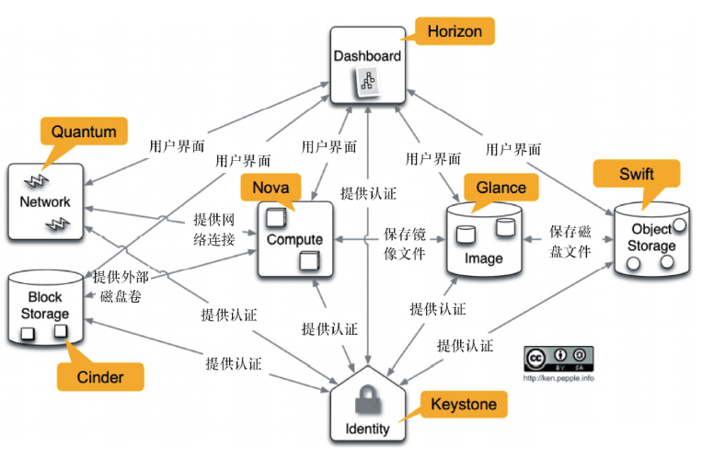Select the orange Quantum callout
coord(84,132)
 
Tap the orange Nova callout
coord(270,188)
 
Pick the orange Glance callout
coord(501,188)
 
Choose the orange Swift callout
coord(637,174)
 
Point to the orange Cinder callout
coord(99,376)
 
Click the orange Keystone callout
coord(464,405)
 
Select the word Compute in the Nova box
coord(294,239)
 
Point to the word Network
coord(47,201)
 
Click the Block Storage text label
coord(45,305)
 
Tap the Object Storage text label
coord(653,237)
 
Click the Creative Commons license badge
coord(559,358)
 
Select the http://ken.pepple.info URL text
coord(559,377)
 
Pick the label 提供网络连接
coord(213,230)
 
